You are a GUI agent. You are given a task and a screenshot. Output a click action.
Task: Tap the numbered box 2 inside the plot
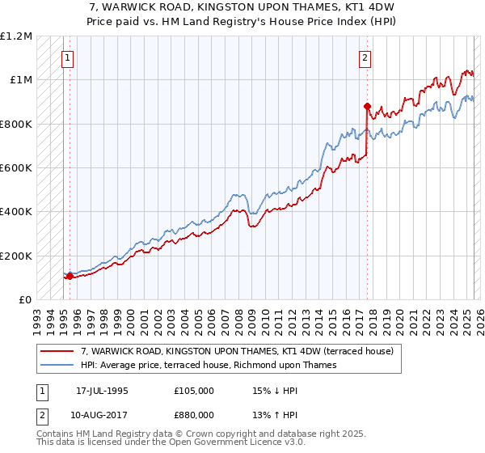tap(365, 57)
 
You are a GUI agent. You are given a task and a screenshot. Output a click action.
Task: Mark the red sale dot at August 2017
tap(367, 106)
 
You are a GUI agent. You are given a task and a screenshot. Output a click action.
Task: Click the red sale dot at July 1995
tap(70, 276)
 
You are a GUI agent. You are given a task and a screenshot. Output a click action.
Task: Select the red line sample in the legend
tap(57, 352)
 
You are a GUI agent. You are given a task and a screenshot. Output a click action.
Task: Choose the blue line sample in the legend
tap(57, 365)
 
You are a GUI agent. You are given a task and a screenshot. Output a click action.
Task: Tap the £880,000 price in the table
tap(194, 415)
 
